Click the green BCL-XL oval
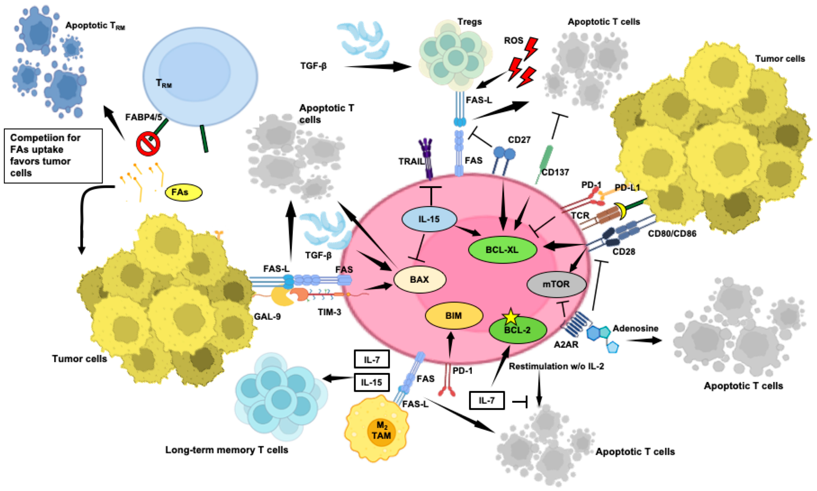[x=502, y=250]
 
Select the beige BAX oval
[x=419, y=280]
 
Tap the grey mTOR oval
[x=556, y=284]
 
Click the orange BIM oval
[x=454, y=316]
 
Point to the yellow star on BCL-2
[x=511, y=317]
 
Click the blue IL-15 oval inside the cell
[x=429, y=219]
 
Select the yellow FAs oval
[x=183, y=192]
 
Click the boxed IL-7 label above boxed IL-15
[x=371, y=359]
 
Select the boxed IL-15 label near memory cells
[x=371, y=383]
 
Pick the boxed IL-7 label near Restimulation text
[x=487, y=401]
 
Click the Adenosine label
[x=635, y=329]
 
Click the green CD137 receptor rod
[x=545, y=159]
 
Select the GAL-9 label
[x=267, y=317]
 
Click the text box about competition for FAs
[x=53, y=156]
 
